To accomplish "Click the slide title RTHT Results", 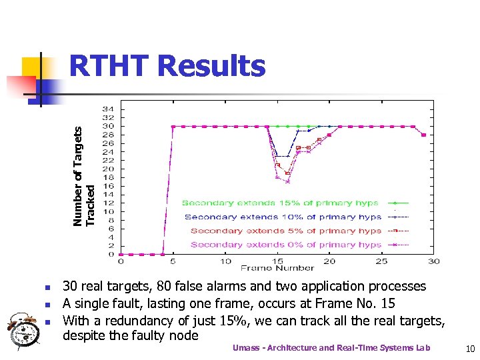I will (x=167, y=67).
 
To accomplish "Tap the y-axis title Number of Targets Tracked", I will (x=88, y=177).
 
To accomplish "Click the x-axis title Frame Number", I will (x=277, y=268).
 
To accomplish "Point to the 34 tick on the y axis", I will (x=107, y=109).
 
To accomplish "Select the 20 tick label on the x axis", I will (x=330, y=261).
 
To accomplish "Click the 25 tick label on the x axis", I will (x=382, y=261).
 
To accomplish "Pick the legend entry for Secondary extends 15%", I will (x=280, y=203).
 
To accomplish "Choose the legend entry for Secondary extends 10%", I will (x=283, y=217).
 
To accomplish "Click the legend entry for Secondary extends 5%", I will (x=285, y=231).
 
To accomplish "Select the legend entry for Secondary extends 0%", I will (x=285, y=245).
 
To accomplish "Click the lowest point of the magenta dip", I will (x=288, y=181).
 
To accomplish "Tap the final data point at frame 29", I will (x=424, y=135).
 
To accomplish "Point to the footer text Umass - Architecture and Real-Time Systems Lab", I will (x=331, y=348).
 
